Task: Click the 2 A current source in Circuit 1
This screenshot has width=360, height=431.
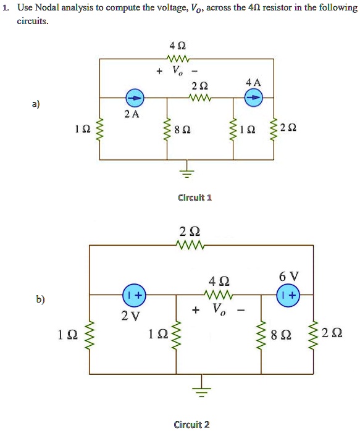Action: [135, 98]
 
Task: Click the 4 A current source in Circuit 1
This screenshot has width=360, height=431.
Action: [254, 98]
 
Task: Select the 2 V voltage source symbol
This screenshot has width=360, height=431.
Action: [133, 296]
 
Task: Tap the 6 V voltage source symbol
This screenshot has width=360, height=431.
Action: [288, 296]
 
